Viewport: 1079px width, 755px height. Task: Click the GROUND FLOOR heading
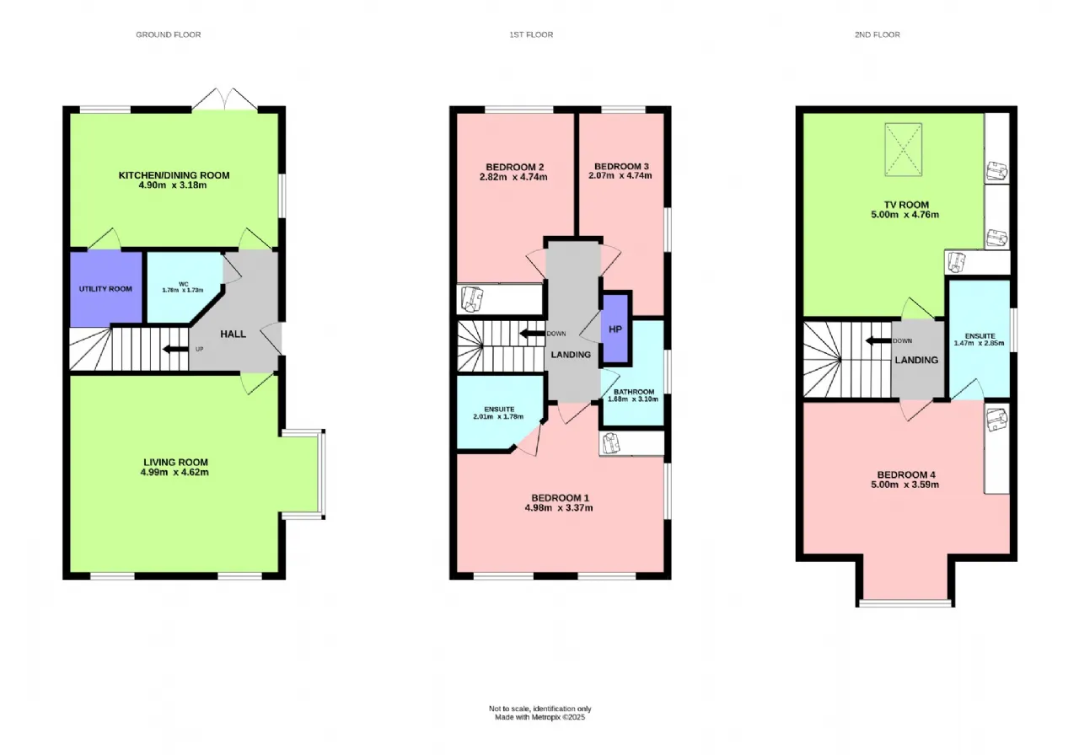pyautogui.click(x=168, y=35)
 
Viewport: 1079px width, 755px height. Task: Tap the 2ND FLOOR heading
pyautogui.click(x=878, y=35)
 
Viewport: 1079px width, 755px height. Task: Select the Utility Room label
pyautogui.click(x=105, y=289)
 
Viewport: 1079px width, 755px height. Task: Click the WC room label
pyautogui.click(x=184, y=284)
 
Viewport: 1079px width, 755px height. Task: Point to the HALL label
pyautogui.click(x=234, y=334)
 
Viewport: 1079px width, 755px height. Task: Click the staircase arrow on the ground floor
pyautogui.click(x=175, y=349)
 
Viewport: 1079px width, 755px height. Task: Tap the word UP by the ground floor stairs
pyautogui.click(x=200, y=349)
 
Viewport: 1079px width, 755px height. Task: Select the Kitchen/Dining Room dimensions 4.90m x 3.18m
pyautogui.click(x=173, y=185)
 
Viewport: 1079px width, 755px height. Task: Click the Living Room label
pyautogui.click(x=176, y=463)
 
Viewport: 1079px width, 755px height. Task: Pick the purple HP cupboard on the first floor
pyautogui.click(x=615, y=329)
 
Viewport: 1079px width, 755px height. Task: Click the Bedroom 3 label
pyautogui.click(x=621, y=166)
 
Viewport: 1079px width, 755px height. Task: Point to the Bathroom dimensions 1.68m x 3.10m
pyautogui.click(x=633, y=399)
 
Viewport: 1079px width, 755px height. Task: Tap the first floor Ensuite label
pyautogui.click(x=500, y=410)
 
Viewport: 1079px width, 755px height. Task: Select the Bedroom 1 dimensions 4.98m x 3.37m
pyautogui.click(x=559, y=507)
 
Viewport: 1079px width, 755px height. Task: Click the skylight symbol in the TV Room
pyautogui.click(x=903, y=149)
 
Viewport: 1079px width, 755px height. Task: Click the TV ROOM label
pyautogui.click(x=906, y=205)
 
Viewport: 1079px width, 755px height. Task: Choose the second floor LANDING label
pyautogui.click(x=916, y=360)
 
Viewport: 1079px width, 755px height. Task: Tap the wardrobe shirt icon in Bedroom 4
pyautogui.click(x=996, y=420)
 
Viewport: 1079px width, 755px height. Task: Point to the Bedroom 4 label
pyautogui.click(x=906, y=474)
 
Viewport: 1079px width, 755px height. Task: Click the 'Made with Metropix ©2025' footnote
pyautogui.click(x=540, y=717)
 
